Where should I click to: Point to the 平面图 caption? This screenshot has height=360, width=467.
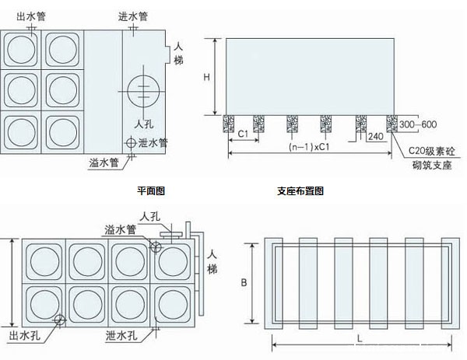152,190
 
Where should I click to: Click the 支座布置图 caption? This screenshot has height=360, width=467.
300,190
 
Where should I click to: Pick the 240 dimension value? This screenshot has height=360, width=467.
375,135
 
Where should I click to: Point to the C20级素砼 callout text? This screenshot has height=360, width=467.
430,150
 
